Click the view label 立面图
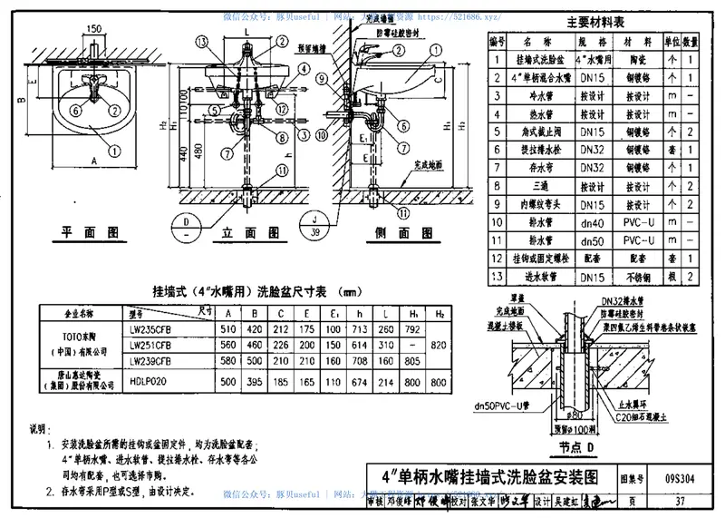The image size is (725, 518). (x=244, y=232)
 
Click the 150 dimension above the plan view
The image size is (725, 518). (x=93, y=29)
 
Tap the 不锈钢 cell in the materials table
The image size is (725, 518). (x=641, y=276)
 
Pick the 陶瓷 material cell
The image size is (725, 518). (x=641, y=59)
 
